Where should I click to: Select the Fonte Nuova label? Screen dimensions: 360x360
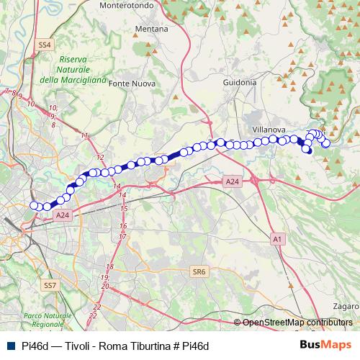pos(129,84)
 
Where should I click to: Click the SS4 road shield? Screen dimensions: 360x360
pos(45,45)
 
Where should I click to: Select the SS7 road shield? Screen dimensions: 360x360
pos(50,286)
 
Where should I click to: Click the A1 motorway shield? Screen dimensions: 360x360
pos(278,238)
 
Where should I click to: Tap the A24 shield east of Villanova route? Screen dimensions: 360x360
pos(232,183)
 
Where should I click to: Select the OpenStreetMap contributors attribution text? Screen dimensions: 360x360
pos(297,323)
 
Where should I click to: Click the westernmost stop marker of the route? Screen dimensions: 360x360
pos(33,206)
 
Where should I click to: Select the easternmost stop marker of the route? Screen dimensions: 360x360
pos(326,143)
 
